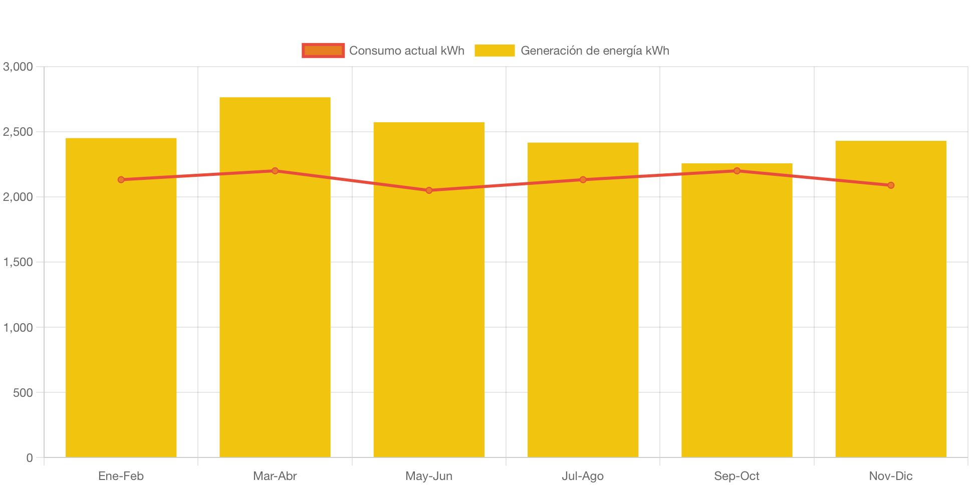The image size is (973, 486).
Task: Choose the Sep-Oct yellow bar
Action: [x=737, y=321]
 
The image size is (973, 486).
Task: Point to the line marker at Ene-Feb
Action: [x=121, y=179]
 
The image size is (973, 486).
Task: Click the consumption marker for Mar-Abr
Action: [x=275, y=171]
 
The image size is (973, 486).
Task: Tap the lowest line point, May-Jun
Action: [x=429, y=190]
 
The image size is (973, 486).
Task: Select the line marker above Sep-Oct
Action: [x=737, y=171]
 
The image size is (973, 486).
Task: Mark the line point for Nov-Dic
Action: [x=891, y=185]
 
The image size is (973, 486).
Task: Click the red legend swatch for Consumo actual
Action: [x=323, y=51]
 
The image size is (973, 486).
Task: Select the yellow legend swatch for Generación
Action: [x=495, y=51]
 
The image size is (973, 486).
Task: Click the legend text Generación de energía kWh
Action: [x=595, y=51]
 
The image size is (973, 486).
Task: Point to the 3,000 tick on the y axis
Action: [x=18, y=67]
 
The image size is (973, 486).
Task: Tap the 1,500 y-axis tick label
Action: [x=18, y=262]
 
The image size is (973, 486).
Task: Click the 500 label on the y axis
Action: [x=23, y=393]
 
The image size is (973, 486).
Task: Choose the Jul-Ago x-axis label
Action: [x=583, y=476]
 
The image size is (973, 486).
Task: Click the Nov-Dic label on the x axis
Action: [x=891, y=476]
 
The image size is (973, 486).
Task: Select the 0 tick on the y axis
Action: [x=30, y=458]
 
